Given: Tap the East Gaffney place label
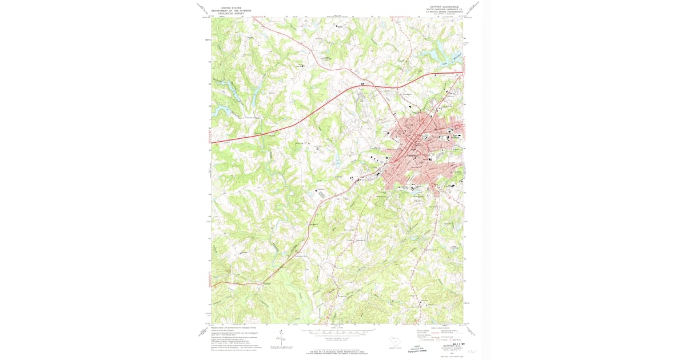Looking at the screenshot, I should pos(455,137).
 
